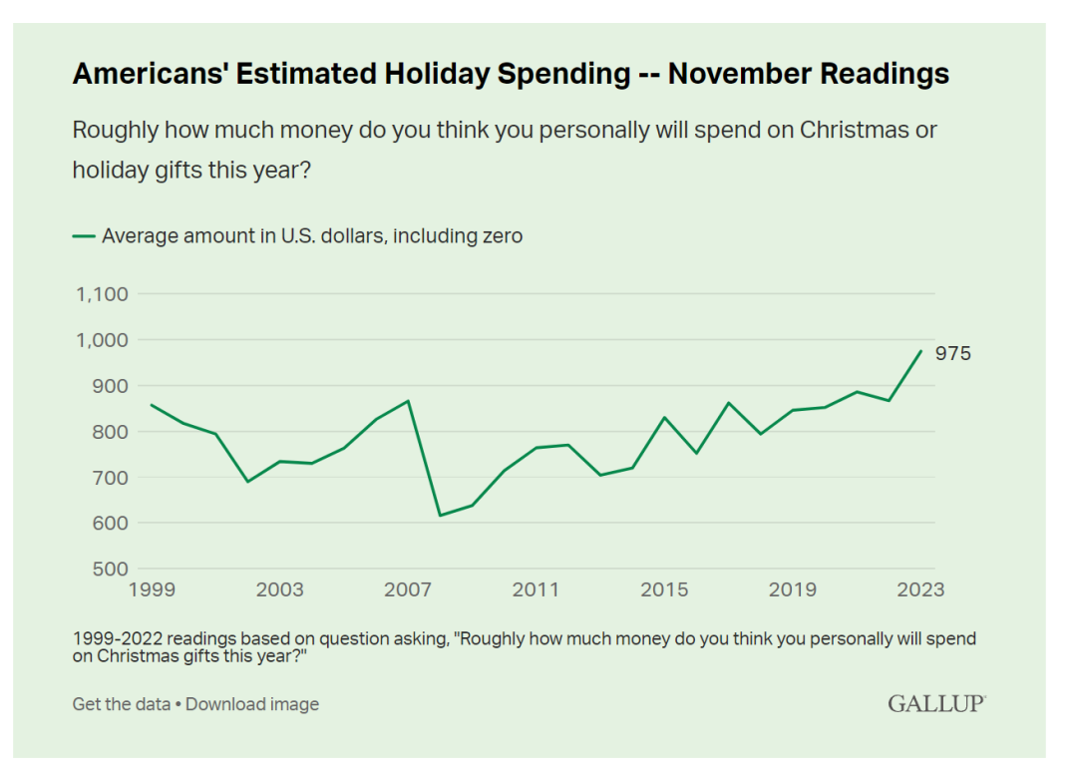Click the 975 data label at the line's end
pyautogui.click(x=952, y=354)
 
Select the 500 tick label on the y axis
pyautogui.click(x=110, y=570)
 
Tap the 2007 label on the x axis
pyautogui.click(x=408, y=590)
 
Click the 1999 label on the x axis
pyautogui.click(x=152, y=590)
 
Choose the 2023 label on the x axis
pyautogui.click(x=919, y=590)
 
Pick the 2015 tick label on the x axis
pyautogui.click(x=664, y=590)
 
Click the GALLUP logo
pyautogui.click(x=936, y=704)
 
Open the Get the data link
pyautogui.click(x=121, y=704)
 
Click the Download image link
pyautogui.click(x=252, y=704)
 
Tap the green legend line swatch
pyautogui.click(x=84, y=236)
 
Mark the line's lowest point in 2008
pyautogui.click(x=440, y=516)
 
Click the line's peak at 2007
pyautogui.click(x=408, y=401)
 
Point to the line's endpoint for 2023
pyautogui.click(x=920, y=351)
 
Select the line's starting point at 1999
pyautogui.click(x=152, y=405)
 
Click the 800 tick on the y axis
pyautogui.click(x=110, y=432)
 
